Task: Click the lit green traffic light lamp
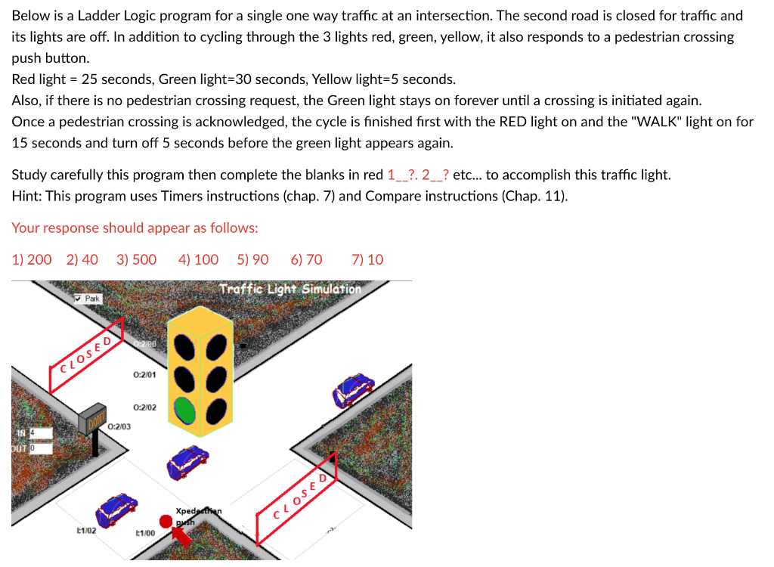pyautogui.click(x=187, y=411)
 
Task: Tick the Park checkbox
pyautogui.click(x=79, y=299)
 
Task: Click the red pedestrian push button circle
pyautogui.click(x=166, y=521)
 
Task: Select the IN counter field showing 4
pyautogui.click(x=41, y=433)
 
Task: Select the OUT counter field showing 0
pyautogui.click(x=41, y=448)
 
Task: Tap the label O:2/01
pyautogui.click(x=144, y=374)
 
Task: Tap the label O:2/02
pyautogui.click(x=144, y=407)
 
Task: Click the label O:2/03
pyautogui.click(x=119, y=427)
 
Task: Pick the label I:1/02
pyautogui.click(x=85, y=531)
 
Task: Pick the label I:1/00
pyautogui.click(x=144, y=533)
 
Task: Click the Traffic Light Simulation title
pyautogui.click(x=290, y=289)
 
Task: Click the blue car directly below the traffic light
pyautogui.click(x=187, y=463)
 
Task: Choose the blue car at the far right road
pyautogui.click(x=354, y=389)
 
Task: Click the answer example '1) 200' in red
pyautogui.click(x=32, y=260)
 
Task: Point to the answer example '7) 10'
pyautogui.click(x=367, y=260)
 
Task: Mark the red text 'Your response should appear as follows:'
pyautogui.click(x=135, y=228)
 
